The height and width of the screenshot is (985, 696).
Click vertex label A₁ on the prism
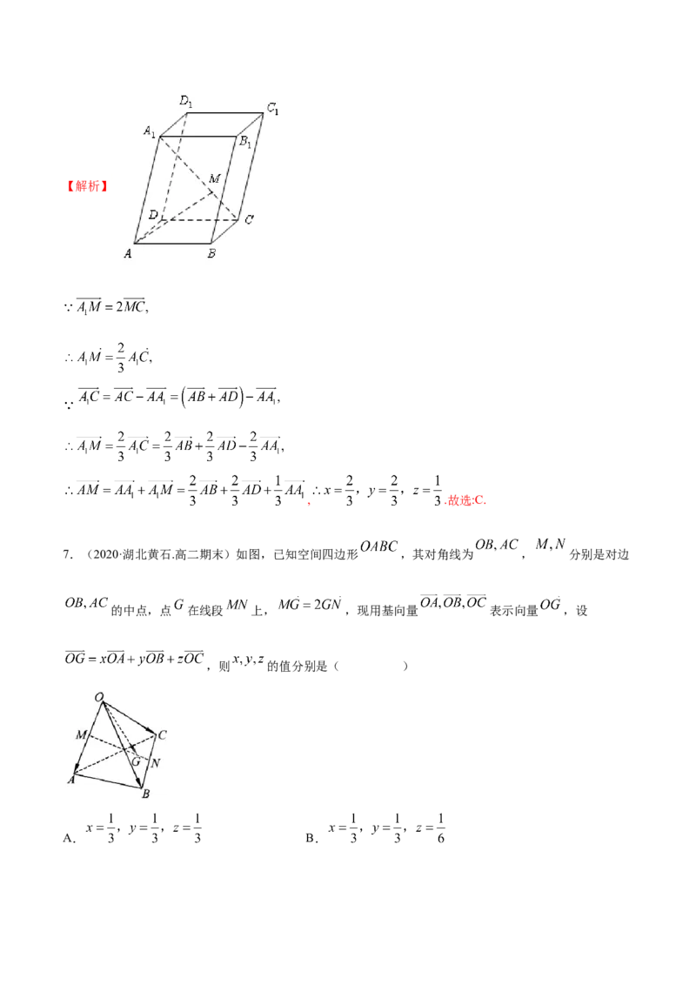[x=150, y=132]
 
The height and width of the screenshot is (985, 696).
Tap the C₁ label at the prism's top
[x=272, y=109]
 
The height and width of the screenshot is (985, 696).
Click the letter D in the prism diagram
[x=152, y=214]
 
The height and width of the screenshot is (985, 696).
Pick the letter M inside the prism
[x=214, y=178]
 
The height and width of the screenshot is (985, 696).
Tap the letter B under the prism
[x=211, y=254]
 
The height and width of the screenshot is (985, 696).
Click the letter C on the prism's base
[x=249, y=220]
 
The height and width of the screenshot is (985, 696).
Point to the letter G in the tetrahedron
[x=135, y=761]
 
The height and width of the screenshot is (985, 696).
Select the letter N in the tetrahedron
[x=155, y=764]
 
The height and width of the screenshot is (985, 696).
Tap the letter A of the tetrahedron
[x=70, y=780]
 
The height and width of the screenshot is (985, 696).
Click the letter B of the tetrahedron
[x=146, y=794]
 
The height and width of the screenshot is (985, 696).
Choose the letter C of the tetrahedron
[x=163, y=735]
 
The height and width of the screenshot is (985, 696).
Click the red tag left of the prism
[x=87, y=186]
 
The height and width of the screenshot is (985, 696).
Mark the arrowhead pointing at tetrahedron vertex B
[x=139, y=782]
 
